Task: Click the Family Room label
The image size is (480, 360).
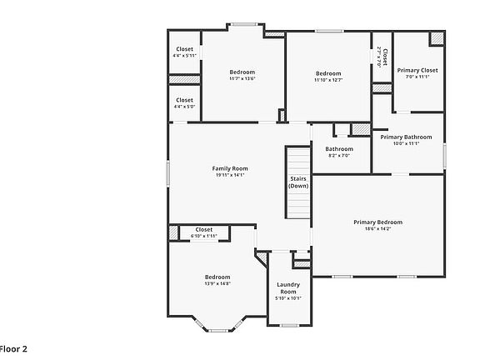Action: [x=229, y=168]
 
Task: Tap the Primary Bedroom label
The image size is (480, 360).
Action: [x=377, y=222]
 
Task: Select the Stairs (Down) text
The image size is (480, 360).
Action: [x=298, y=182]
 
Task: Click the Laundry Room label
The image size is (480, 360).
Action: [x=288, y=287]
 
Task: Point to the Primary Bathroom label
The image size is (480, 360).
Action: [x=406, y=137]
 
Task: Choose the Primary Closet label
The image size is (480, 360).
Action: [x=417, y=70]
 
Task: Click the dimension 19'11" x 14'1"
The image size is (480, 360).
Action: [x=229, y=175]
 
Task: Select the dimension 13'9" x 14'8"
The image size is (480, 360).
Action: [x=217, y=283]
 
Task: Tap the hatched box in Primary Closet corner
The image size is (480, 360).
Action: [x=437, y=39]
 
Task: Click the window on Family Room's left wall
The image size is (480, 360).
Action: [x=169, y=173]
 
